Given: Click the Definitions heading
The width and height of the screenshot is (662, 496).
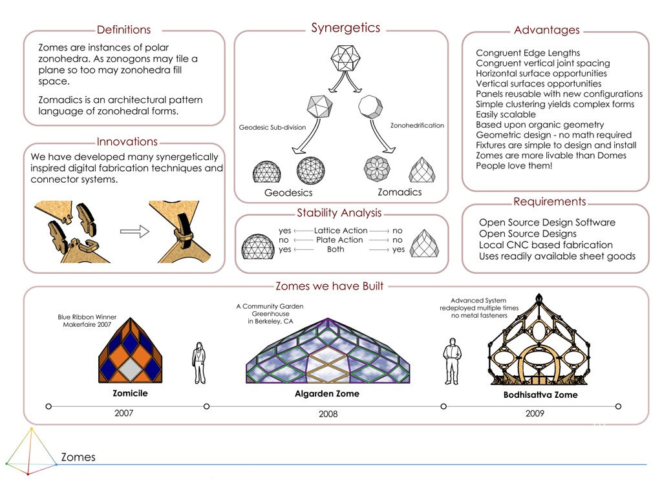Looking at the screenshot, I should [x=123, y=30].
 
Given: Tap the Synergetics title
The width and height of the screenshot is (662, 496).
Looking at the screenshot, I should [x=345, y=28].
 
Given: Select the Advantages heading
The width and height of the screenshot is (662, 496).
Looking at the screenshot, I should [x=546, y=30].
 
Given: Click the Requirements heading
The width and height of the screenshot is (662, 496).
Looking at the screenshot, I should [x=550, y=202].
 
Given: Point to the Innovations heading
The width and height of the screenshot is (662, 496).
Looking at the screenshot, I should [x=127, y=142].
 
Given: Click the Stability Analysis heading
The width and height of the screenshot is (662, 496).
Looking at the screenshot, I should [x=339, y=213].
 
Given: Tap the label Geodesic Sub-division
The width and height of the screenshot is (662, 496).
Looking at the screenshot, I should [x=272, y=127].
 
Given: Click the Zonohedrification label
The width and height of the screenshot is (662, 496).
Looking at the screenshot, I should [x=417, y=125].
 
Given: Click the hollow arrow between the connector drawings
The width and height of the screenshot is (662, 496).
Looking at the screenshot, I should [x=134, y=231].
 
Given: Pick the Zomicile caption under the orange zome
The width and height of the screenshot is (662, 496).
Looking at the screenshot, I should [x=131, y=393].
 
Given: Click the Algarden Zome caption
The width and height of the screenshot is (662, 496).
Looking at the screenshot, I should [x=326, y=393].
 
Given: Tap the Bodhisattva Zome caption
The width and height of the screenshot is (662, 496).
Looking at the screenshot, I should [x=540, y=395].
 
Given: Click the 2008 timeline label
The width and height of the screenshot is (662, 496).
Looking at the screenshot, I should [x=328, y=414].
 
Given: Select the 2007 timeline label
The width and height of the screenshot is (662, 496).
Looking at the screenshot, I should [x=123, y=413].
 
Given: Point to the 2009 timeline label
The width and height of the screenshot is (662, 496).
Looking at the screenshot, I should [x=535, y=413].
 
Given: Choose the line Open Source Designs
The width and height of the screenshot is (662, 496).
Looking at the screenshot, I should [x=528, y=234].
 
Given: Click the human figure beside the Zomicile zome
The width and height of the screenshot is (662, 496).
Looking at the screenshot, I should [x=198, y=363].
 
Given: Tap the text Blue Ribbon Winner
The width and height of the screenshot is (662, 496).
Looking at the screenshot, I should [x=87, y=317].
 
